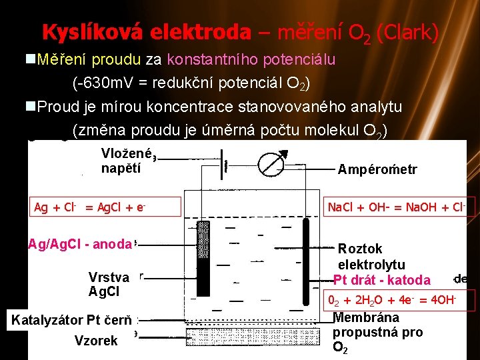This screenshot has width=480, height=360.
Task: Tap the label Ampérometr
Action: (x=377, y=170)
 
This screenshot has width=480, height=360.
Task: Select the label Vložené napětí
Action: (x=127, y=161)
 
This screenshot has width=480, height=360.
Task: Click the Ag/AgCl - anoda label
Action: (x=80, y=244)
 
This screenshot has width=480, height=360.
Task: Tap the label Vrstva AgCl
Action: (x=109, y=284)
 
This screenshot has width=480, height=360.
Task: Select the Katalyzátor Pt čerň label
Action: (x=71, y=320)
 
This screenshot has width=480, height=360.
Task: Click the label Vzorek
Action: (x=96, y=341)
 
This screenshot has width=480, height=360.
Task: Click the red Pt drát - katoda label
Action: (x=381, y=279)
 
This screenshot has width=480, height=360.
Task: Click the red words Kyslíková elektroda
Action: (x=146, y=32)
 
